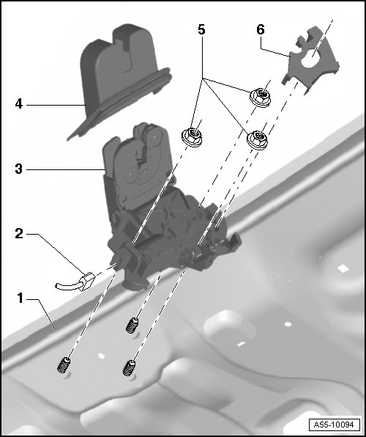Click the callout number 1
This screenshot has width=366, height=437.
point(20,298)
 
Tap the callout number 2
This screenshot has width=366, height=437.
point(19,234)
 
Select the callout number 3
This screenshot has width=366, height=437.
point(18,169)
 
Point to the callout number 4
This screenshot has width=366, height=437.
point(18,104)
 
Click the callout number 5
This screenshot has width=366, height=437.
point(201,29)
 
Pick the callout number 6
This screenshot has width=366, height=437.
point(261,29)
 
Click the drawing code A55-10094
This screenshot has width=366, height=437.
point(334,425)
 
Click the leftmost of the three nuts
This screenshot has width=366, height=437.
point(192,136)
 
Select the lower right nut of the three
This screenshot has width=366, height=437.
point(258,139)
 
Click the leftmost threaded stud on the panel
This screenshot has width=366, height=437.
point(64,365)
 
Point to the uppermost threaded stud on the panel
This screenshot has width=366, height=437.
point(132,326)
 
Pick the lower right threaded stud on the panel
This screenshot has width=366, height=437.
point(130,368)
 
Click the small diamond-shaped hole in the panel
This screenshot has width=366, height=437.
point(343,268)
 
